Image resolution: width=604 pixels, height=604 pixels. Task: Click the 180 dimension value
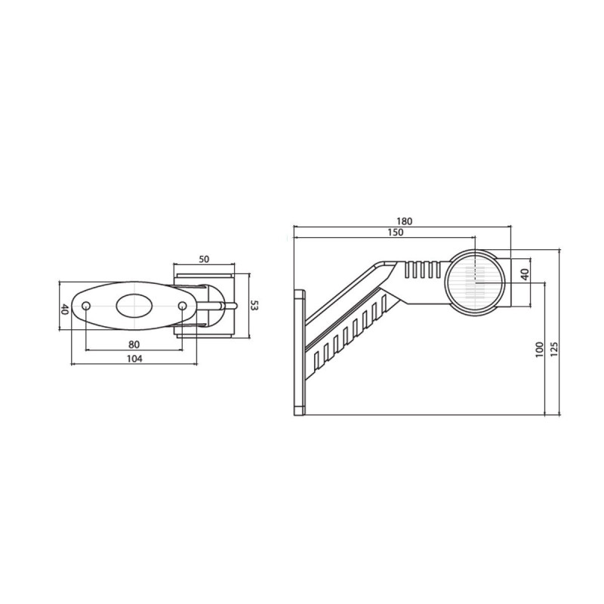pyautogui.click(x=404, y=221)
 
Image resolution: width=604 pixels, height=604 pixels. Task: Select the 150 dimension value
pyautogui.click(x=394, y=233)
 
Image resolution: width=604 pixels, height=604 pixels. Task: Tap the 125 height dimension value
pyautogui.click(x=554, y=349)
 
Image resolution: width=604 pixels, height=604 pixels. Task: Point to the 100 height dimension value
pyautogui.click(x=539, y=349)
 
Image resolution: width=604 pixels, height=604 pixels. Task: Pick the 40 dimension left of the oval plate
pyautogui.click(x=65, y=309)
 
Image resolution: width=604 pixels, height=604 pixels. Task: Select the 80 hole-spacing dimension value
pyautogui.click(x=134, y=344)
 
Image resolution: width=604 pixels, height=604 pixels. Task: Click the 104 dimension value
pyautogui.click(x=134, y=359)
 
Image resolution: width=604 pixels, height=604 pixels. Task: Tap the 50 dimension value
pyautogui.click(x=204, y=259)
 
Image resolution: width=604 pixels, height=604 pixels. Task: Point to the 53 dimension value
pyautogui.click(x=254, y=305)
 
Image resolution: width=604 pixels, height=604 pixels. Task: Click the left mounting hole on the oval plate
pyautogui.click(x=86, y=306)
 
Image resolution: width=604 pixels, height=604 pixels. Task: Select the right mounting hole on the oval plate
pyautogui.click(x=182, y=306)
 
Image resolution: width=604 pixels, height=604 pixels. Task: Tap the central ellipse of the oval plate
pyautogui.click(x=134, y=306)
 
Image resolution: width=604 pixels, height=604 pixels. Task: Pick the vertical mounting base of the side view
pyautogui.click(x=300, y=351)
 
